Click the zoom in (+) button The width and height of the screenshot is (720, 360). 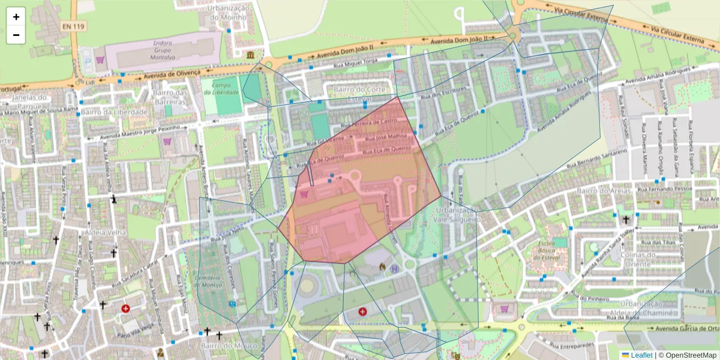(x=16, y=17)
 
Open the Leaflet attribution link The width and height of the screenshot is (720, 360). (x=641, y=355)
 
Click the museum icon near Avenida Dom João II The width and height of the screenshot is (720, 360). (x=250, y=55)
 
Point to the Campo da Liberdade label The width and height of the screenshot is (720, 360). (x=225, y=89)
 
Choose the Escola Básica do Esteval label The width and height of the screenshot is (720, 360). (x=545, y=250)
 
